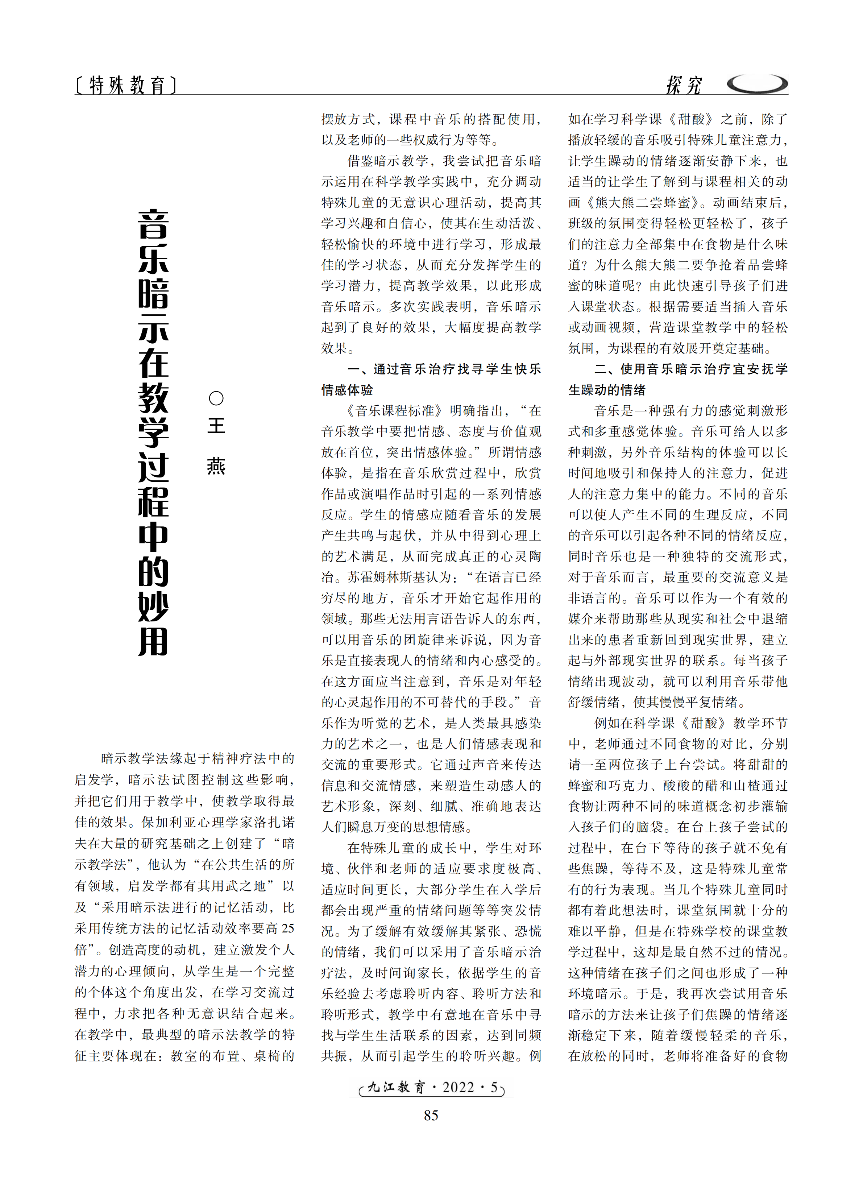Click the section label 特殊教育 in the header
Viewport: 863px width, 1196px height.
tap(126, 85)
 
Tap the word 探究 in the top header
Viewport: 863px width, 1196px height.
tap(683, 84)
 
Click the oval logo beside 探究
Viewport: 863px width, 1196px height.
tap(757, 83)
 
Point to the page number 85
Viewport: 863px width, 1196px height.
tap(431, 1115)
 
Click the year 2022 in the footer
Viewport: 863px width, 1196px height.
tap(458, 1087)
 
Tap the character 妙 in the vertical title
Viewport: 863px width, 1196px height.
tap(153, 607)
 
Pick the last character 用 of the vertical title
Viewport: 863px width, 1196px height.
tap(153, 641)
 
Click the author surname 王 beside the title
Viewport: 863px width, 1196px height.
tap(216, 426)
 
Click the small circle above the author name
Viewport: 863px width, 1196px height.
tap(216, 398)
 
